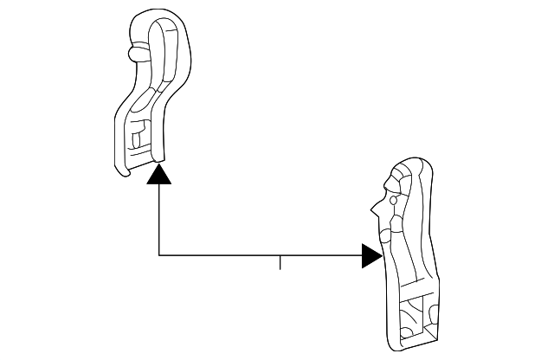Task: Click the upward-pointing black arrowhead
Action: coord(159,176)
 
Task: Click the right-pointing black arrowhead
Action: coord(371,255)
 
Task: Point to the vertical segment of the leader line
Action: coord(159,221)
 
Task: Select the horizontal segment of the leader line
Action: coord(260,255)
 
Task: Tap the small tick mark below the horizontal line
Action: coord(280,262)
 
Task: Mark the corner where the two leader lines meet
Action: coord(159,255)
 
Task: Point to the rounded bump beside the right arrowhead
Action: coord(384,235)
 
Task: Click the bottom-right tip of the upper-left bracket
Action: coord(162,158)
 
